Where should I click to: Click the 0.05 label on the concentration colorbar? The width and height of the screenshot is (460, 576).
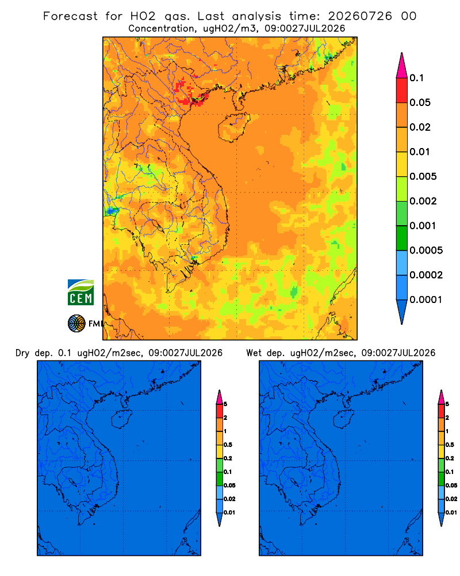[420, 103]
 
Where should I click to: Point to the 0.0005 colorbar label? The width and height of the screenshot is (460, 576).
[426, 251]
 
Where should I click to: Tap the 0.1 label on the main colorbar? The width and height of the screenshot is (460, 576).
[416, 78]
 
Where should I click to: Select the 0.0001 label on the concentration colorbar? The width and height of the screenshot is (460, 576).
[426, 300]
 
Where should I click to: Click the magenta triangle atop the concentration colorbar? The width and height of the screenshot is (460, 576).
[402, 66]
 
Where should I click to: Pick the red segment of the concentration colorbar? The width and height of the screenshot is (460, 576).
[402, 90]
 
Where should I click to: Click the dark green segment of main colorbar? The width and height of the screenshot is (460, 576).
[402, 238]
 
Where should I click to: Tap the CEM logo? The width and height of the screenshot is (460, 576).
[80, 293]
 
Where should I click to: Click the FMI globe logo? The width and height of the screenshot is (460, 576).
[76, 324]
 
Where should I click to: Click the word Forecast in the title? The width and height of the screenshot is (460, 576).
[70, 16]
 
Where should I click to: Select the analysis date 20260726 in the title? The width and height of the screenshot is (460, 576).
[360, 16]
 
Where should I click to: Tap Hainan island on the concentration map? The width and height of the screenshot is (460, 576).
[233, 127]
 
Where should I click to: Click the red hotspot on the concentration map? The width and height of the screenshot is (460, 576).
[191, 93]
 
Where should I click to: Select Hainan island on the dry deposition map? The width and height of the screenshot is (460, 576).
[122, 419]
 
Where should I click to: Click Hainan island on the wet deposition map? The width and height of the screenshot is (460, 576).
[344, 419]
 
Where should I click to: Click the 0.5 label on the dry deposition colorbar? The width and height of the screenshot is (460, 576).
[228, 445]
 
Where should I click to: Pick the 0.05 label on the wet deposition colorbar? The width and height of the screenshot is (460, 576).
[451, 486]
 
